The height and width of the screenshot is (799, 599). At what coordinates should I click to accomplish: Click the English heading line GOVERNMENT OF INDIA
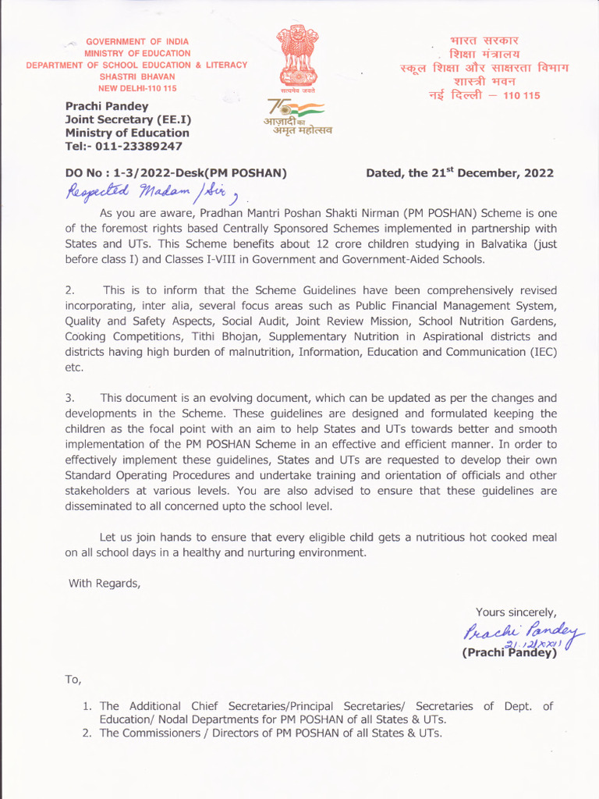137,41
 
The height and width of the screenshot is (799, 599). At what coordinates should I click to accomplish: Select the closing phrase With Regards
105,582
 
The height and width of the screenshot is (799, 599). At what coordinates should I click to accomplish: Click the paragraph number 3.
69,398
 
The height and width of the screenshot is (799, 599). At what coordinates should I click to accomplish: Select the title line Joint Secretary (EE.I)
128,119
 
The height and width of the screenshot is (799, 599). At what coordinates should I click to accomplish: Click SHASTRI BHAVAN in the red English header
137,76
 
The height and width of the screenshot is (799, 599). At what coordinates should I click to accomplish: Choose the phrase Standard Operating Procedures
153,475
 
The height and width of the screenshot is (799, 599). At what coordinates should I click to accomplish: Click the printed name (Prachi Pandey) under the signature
510,653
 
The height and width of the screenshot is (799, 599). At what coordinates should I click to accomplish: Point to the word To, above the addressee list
73,680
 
